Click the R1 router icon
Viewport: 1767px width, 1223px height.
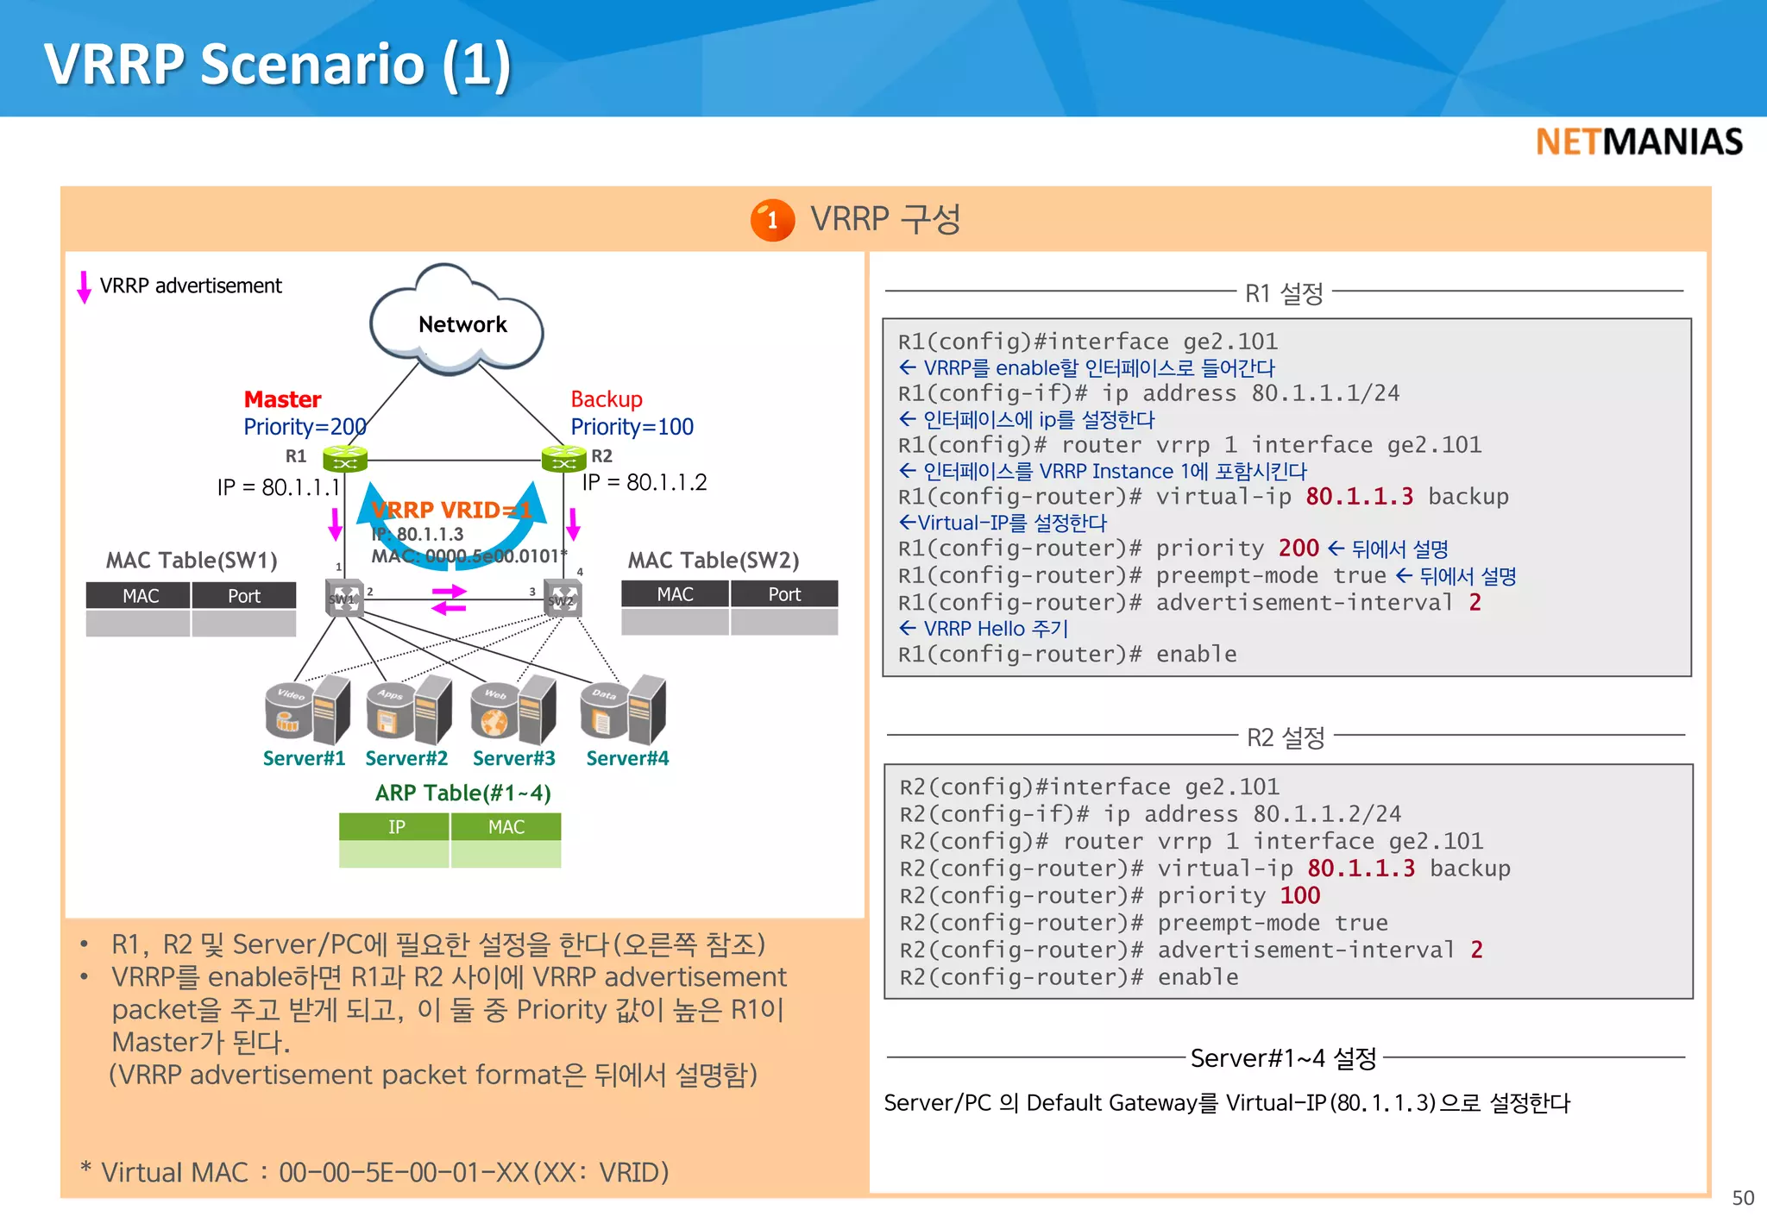tap(345, 459)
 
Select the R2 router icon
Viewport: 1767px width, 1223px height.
tap(563, 459)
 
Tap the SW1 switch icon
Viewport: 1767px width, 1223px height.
tap(344, 598)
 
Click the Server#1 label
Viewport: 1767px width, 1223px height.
tap(304, 758)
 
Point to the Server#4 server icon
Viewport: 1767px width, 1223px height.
tap(624, 710)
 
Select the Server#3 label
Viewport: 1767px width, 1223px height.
tap(513, 758)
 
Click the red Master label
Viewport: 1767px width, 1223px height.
tap(282, 399)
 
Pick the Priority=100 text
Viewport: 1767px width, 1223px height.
tap(632, 427)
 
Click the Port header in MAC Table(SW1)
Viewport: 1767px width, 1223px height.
tap(244, 596)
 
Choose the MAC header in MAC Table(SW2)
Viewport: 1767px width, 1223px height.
tap(675, 594)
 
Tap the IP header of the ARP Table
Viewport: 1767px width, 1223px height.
tap(395, 827)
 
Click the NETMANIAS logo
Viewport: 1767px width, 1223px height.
tap(1638, 142)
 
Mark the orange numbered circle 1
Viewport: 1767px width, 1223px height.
tap(771, 221)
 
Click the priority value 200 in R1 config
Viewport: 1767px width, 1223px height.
tap(1299, 549)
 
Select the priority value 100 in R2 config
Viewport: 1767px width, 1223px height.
tap(1299, 895)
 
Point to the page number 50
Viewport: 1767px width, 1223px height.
tap(1742, 1198)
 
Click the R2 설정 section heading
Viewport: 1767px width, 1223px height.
tap(1286, 737)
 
